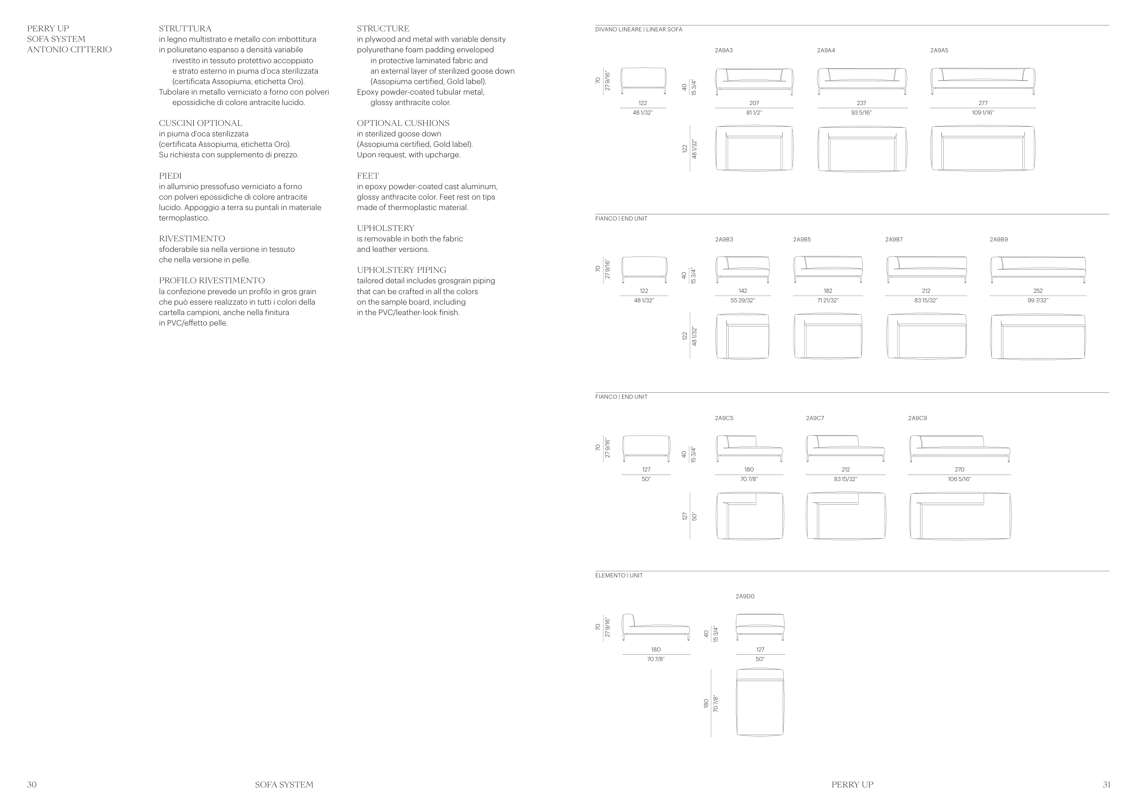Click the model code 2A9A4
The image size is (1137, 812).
826,50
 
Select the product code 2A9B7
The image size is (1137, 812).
894,240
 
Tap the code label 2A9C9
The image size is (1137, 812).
917,418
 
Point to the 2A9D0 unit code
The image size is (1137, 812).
745,596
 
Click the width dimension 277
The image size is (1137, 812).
983,103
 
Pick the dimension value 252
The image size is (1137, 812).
1038,291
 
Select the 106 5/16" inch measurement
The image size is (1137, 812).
960,479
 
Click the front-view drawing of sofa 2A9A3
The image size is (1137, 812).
754,81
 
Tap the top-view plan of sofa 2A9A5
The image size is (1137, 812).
983,149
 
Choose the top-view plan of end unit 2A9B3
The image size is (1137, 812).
742,336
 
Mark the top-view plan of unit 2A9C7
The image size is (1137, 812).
845,516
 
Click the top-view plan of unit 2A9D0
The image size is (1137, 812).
760,702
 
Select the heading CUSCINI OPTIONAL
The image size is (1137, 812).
201,123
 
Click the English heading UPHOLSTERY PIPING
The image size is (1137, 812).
401,270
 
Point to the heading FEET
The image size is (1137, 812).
367,176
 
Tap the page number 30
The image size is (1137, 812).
31,785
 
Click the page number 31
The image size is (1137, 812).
1107,785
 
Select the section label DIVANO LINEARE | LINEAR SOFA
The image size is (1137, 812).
638,30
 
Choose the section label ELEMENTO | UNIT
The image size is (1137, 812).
619,576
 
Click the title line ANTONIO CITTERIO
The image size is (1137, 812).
69,50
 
